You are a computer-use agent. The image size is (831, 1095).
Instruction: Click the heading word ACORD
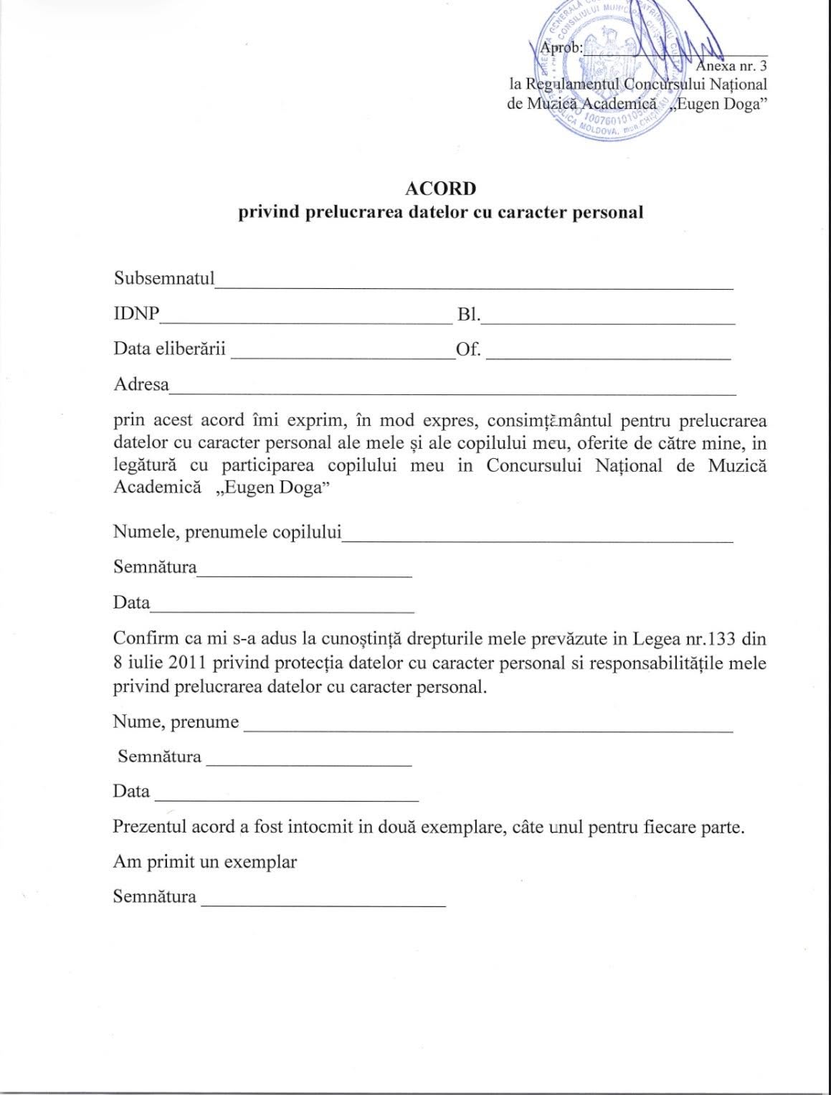(440, 189)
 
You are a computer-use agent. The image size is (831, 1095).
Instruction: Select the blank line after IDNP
(306, 322)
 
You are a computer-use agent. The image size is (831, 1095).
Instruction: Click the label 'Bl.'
(468, 315)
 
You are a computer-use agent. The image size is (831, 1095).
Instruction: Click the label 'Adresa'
(141, 384)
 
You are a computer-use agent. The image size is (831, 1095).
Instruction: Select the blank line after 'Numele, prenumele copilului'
(537, 540)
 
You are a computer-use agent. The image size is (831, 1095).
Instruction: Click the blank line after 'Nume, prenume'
(488, 730)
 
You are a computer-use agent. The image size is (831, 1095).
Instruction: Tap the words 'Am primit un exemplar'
(205, 861)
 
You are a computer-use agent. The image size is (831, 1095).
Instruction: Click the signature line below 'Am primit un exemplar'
(323, 906)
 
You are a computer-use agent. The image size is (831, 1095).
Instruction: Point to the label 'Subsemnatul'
(164, 278)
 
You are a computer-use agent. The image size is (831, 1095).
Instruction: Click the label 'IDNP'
(136, 314)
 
